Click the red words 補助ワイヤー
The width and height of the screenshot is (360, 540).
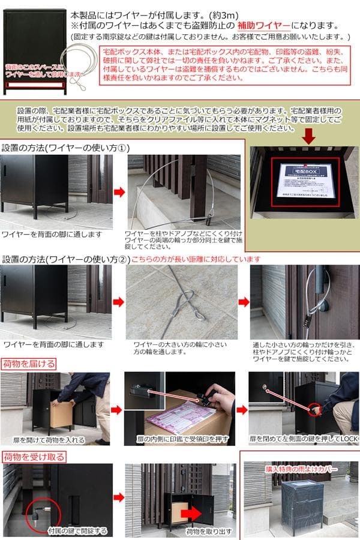(263, 26)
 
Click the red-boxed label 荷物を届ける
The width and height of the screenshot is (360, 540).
(30, 364)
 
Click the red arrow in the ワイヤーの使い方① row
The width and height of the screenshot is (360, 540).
(119, 192)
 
